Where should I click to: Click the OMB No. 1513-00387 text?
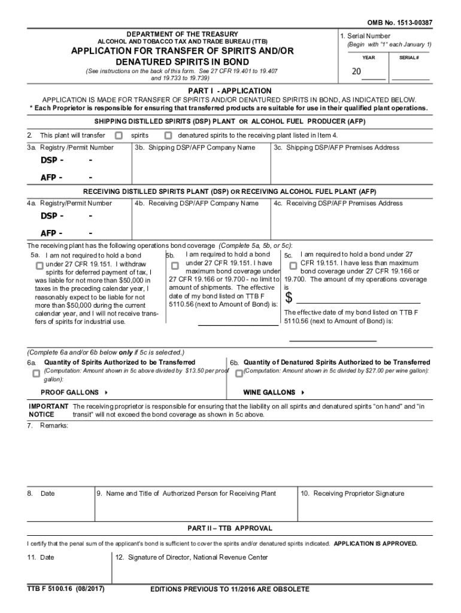[x=399, y=23]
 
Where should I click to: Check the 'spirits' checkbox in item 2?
[x=119, y=135]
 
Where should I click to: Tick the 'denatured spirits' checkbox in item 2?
[x=168, y=135]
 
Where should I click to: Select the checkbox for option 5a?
[x=39, y=265]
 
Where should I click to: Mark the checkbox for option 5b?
[x=175, y=265]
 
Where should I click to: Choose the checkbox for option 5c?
[x=293, y=265]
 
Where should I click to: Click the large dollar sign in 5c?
[x=289, y=298]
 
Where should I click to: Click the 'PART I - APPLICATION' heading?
[x=230, y=90]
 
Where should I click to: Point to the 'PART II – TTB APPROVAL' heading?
[x=230, y=529]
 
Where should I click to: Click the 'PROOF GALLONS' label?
[x=69, y=393]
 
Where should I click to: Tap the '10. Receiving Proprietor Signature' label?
[x=353, y=494]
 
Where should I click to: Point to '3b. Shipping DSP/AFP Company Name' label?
[x=195, y=147]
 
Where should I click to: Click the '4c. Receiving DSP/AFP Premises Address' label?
[x=338, y=204]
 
